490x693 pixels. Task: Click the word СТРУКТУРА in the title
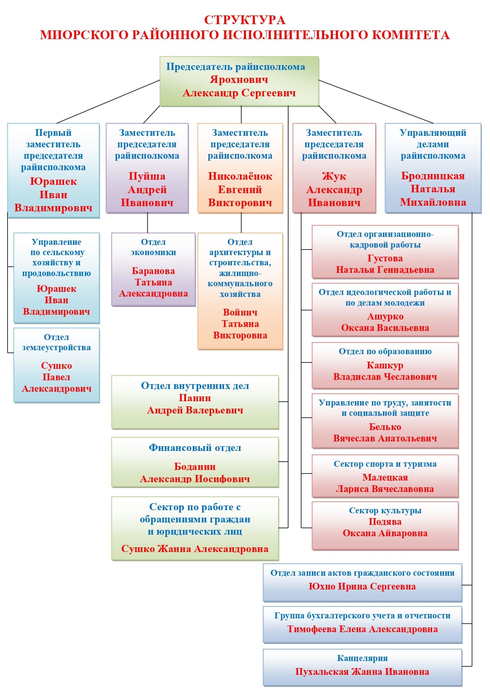[x=244, y=20]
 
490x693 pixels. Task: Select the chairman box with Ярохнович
[x=239, y=81]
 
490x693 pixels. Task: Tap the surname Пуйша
[x=147, y=176]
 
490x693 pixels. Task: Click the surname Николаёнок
[x=240, y=176]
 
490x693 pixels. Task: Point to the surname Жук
[x=334, y=176]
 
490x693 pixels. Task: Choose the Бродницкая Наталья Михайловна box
[x=433, y=168]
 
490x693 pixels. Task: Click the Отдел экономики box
[x=153, y=269]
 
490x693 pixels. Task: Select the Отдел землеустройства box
[x=56, y=365]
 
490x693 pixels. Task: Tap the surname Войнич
[x=240, y=312]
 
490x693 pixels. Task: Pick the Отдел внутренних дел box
[x=195, y=402]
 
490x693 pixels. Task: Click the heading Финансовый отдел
[x=195, y=448]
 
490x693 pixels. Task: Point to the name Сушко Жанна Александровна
[x=195, y=549]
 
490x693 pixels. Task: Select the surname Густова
[x=385, y=258]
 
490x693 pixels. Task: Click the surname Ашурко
[x=385, y=316]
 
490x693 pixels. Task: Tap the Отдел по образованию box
[x=385, y=365]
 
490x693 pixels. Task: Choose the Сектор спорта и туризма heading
[x=385, y=464]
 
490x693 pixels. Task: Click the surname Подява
[x=385, y=522]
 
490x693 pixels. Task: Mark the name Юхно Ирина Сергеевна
[x=362, y=586]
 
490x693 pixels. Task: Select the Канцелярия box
[x=362, y=667]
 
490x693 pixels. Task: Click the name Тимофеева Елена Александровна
[x=362, y=629]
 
